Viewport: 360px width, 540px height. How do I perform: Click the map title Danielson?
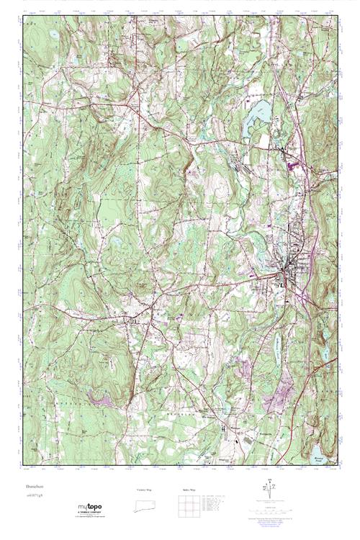[35, 487]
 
